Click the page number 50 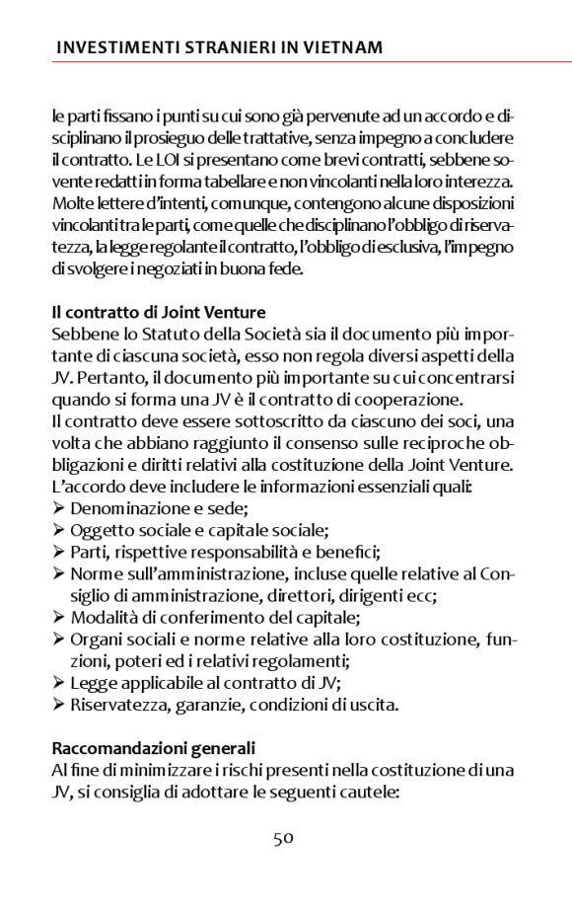(284, 839)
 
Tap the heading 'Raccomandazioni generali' (153, 748)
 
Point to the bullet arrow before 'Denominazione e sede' (59, 509)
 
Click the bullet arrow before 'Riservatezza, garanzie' (59, 705)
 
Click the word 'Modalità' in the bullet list (104, 618)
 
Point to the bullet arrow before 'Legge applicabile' (59, 683)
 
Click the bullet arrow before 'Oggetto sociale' (59, 531)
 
